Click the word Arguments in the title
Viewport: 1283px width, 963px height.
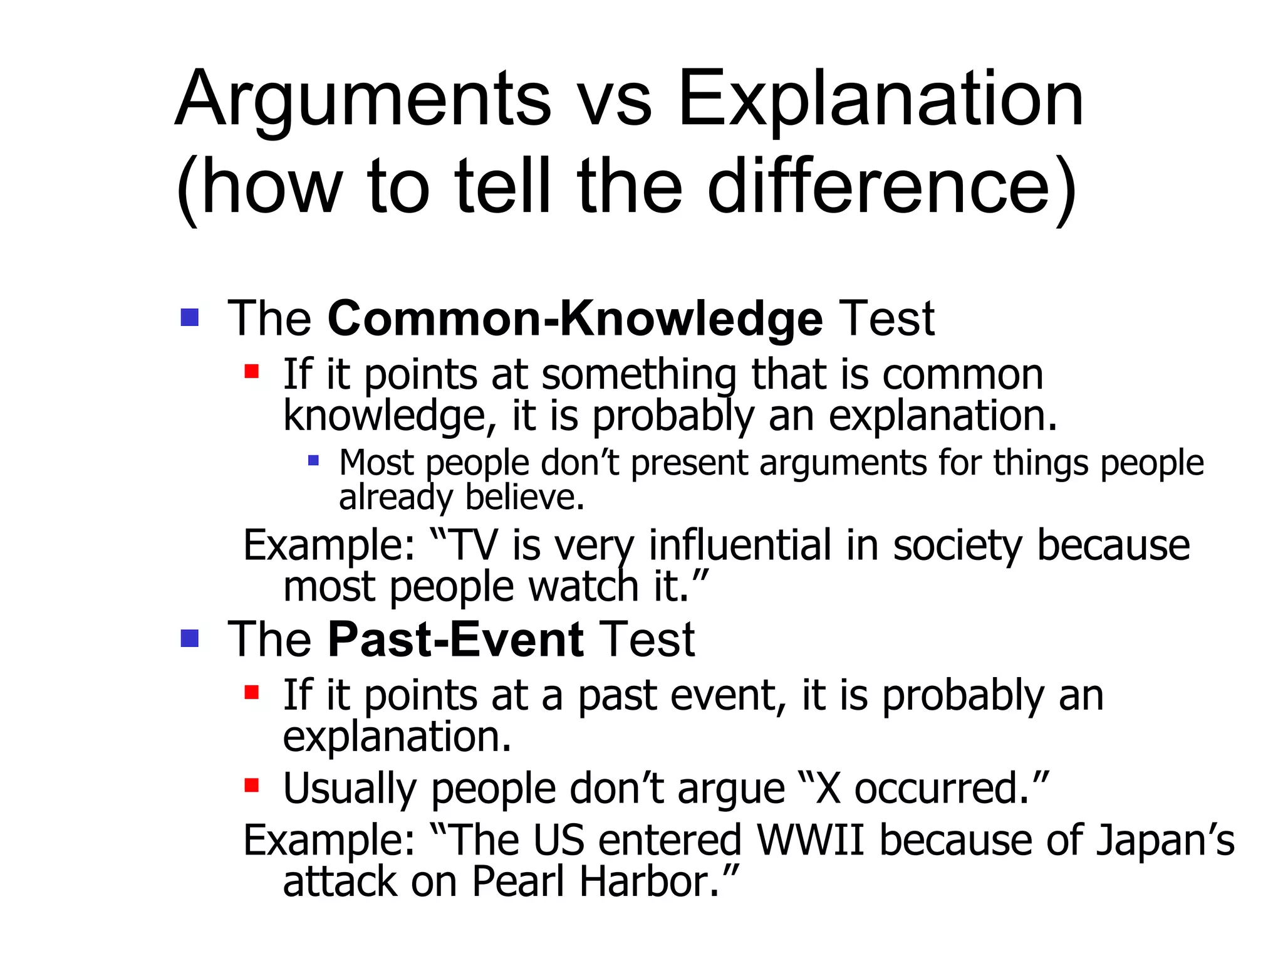(x=363, y=100)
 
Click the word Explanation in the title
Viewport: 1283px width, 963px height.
(x=880, y=100)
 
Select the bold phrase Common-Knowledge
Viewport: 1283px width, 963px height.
(x=574, y=319)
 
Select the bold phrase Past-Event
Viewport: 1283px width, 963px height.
(x=456, y=640)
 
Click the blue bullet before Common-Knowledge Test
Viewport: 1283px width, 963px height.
(x=189, y=317)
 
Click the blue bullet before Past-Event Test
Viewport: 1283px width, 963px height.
(x=189, y=638)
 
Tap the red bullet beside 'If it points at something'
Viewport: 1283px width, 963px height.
(x=252, y=372)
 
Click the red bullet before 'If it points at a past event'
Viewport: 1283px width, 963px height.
(x=252, y=692)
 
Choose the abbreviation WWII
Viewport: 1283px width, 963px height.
(x=810, y=840)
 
